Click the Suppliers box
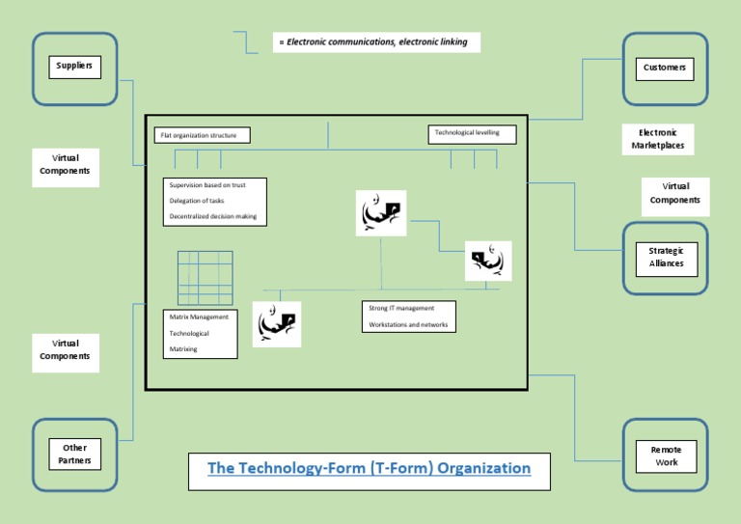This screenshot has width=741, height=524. [74, 67]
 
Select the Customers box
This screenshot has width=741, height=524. [665, 68]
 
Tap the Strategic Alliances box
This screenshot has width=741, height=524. [666, 257]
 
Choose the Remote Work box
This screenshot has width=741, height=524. [666, 455]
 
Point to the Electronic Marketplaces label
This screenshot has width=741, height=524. [657, 140]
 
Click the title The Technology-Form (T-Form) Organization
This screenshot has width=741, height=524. [369, 469]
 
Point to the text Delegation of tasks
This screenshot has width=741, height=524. [197, 201]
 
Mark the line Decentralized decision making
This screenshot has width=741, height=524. [213, 216]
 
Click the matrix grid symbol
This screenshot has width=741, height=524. [205, 278]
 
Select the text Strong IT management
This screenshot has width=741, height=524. [401, 308]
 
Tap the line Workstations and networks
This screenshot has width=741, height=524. [407, 325]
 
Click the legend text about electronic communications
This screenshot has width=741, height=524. [377, 42]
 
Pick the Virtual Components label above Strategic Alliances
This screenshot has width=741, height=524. [675, 193]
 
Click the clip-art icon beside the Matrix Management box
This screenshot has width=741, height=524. [277, 324]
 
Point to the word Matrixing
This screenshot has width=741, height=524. [183, 349]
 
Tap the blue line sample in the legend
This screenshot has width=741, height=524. [247, 41]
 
